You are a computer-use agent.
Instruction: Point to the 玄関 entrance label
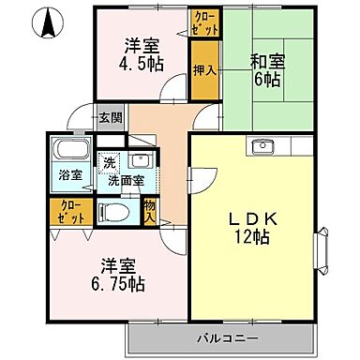(110, 117)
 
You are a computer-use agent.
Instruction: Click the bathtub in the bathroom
(69, 149)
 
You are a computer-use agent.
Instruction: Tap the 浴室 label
(68, 174)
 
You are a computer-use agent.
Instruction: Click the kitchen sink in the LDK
(262, 145)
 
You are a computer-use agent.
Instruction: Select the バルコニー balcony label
(228, 335)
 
